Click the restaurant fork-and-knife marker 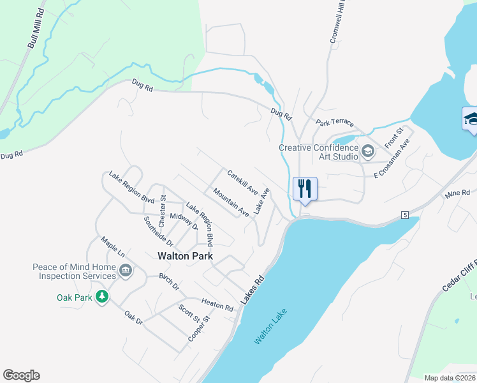coord(305,189)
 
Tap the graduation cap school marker coord(470,119)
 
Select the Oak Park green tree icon coord(101,297)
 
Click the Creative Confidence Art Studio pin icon coord(367,151)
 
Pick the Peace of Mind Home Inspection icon coord(126,271)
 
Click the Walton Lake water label coord(270,327)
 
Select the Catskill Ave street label coord(242,182)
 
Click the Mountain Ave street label coord(231,201)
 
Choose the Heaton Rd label coord(217,305)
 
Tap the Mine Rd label coord(457,192)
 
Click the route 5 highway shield coord(405,215)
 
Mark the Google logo coord(21,375)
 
